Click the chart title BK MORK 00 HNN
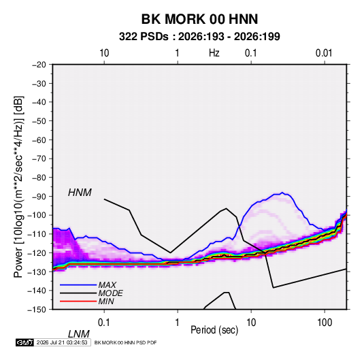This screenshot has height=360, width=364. pos(199,19)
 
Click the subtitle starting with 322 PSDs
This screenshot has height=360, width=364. pos(199,37)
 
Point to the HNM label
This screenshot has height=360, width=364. pos(80,193)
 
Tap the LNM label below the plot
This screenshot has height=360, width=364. pos(79,334)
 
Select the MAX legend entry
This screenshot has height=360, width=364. pos(107,285)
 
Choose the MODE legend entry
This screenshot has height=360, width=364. pos(110,293)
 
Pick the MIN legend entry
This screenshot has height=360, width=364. pos(106,301)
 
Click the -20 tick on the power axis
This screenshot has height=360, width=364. pos(39,65)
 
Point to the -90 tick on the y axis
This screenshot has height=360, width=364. pos(39,197)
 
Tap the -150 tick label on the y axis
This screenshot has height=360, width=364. pos(37,310)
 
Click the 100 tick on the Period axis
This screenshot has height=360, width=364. pos(325,323)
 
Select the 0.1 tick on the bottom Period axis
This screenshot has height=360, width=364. pos(104,323)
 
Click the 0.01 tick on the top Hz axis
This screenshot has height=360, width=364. pos(324,53)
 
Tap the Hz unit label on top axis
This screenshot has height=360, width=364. pos(214,53)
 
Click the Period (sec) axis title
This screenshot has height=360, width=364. pos(214,330)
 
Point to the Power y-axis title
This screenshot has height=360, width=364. pos(18,187)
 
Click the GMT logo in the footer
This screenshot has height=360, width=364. pos(25,342)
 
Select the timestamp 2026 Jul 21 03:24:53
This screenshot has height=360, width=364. pos(62,342)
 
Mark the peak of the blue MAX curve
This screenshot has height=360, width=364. pos(282,193)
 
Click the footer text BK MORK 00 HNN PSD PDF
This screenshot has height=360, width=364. pos(126,342)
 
